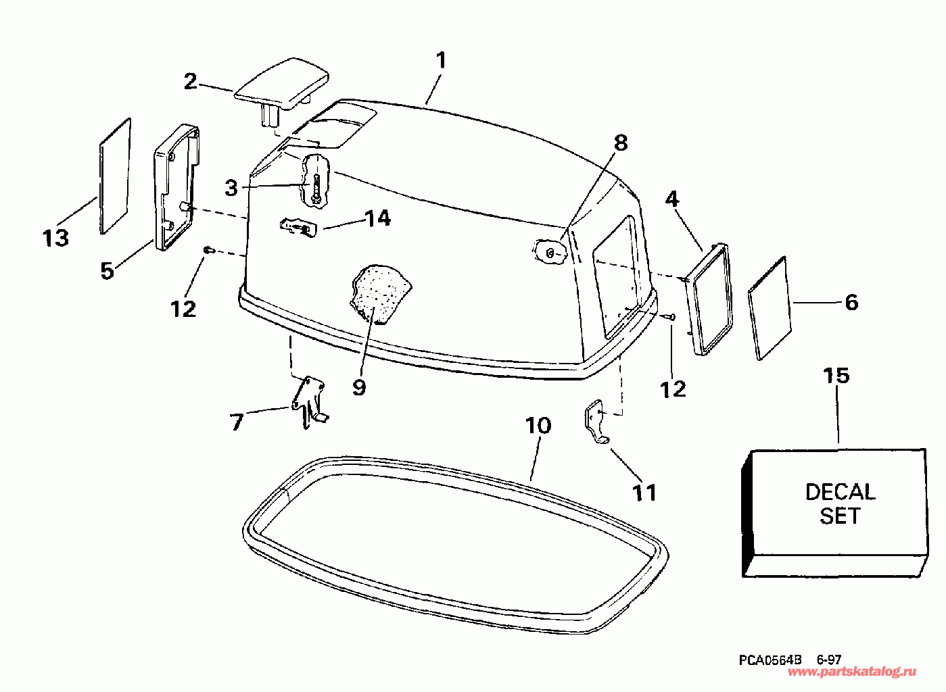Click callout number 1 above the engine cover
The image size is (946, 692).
pos(441,61)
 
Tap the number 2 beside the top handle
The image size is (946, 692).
pos(191,82)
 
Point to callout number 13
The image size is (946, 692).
pos(56,237)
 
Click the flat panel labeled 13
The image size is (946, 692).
pos(115,178)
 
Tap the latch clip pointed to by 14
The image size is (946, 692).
pos(298,226)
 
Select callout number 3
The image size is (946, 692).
pos(231,188)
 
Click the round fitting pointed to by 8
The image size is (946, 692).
pos(550,252)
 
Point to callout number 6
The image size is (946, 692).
pos(851,302)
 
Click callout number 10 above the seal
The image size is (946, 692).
pos(538,426)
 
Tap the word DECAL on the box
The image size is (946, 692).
pos(840,492)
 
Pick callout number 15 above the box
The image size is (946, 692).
pos(836,376)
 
